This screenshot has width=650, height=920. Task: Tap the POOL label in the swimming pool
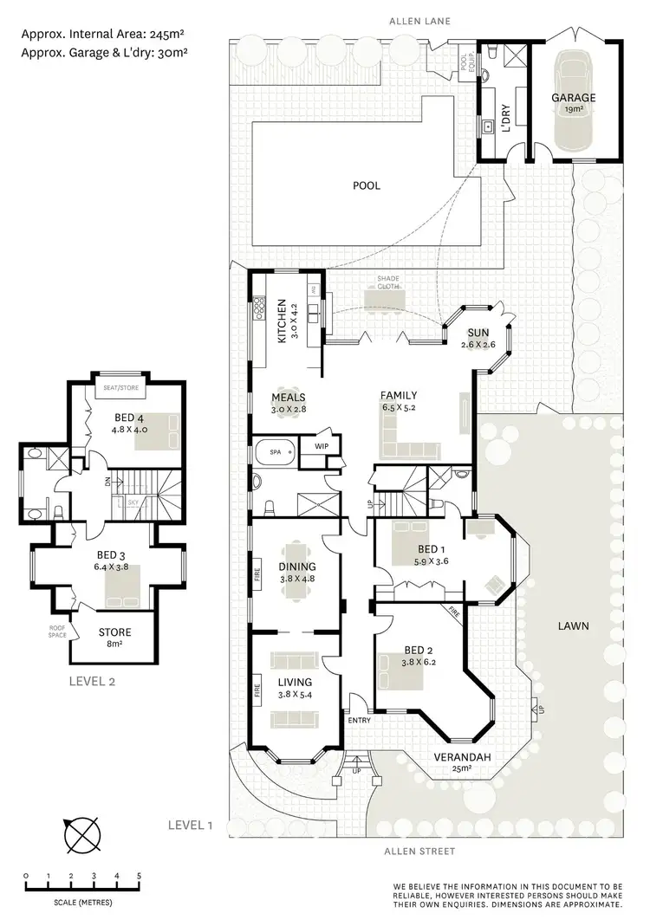366,185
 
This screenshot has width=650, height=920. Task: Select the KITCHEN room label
282,322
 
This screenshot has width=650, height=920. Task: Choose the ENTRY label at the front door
360,720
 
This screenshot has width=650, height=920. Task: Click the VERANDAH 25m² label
463,762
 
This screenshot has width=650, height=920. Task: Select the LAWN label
574,625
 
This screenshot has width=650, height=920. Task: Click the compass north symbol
81,837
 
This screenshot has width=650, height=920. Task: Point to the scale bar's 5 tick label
140,876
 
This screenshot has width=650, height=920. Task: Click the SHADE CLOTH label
387,283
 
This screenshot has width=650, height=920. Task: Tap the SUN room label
478,333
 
